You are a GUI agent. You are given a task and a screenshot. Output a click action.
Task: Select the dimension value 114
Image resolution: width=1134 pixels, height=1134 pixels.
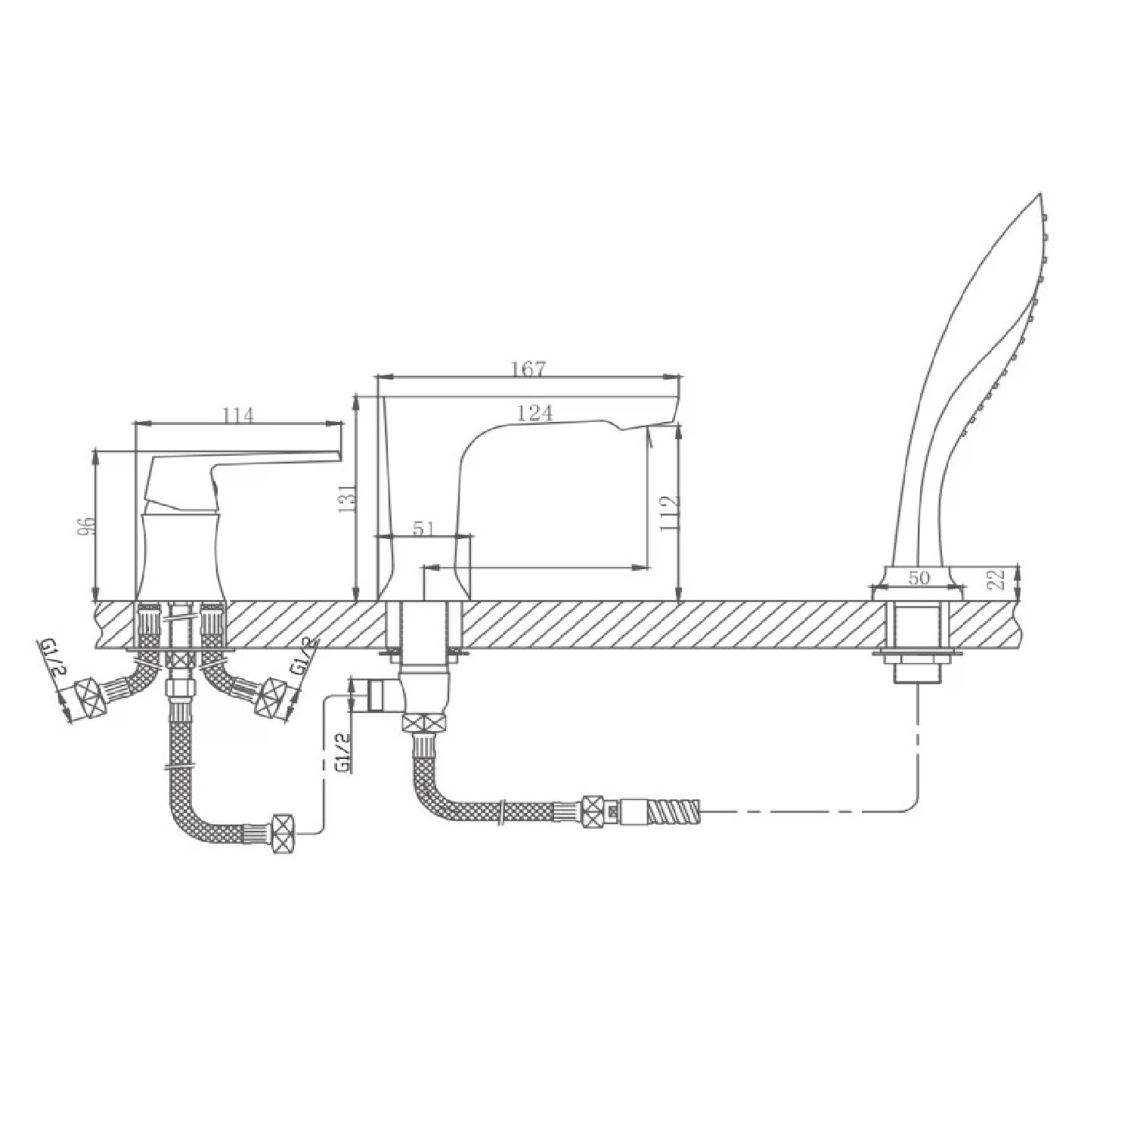click(239, 416)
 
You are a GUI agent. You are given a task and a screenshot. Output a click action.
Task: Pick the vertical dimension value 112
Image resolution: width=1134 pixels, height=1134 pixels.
click(669, 513)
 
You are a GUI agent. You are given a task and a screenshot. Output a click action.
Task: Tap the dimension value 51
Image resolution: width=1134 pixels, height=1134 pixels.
click(424, 528)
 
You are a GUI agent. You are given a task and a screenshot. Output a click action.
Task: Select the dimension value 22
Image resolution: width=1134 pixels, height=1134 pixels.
click(998, 579)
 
